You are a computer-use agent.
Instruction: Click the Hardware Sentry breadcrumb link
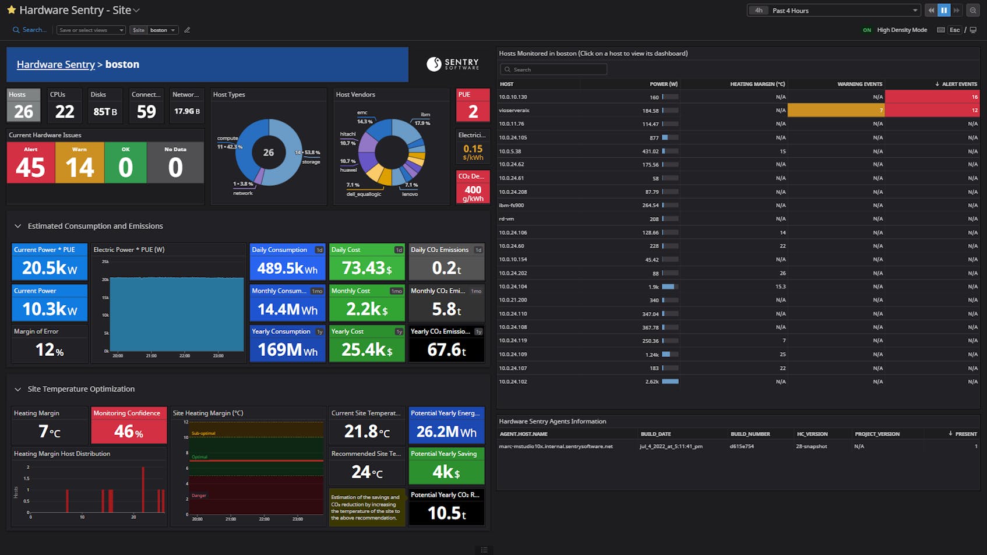[x=55, y=65]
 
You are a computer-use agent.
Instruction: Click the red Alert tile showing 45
[x=30, y=162]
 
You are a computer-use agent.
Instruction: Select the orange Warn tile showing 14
[x=79, y=162]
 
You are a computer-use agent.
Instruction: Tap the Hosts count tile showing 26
[x=23, y=105]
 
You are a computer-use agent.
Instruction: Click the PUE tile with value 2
[x=473, y=105]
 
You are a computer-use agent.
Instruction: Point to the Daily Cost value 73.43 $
[x=366, y=267]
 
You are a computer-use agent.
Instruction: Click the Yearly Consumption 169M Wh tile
[x=287, y=344]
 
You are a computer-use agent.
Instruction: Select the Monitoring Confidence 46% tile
[x=129, y=426]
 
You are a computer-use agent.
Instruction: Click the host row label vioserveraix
[x=514, y=110]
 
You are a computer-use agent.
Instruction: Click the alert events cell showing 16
[x=932, y=97]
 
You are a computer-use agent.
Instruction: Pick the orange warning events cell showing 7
[x=836, y=110]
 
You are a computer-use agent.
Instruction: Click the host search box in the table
[x=554, y=69]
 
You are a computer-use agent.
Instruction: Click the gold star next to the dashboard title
[x=11, y=10]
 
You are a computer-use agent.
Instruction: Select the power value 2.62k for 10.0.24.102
[x=652, y=382]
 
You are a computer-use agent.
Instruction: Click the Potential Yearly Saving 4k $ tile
[x=446, y=466]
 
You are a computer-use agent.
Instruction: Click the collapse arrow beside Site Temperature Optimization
[x=17, y=389]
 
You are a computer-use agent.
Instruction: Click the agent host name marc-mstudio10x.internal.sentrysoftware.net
[x=556, y=447]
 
